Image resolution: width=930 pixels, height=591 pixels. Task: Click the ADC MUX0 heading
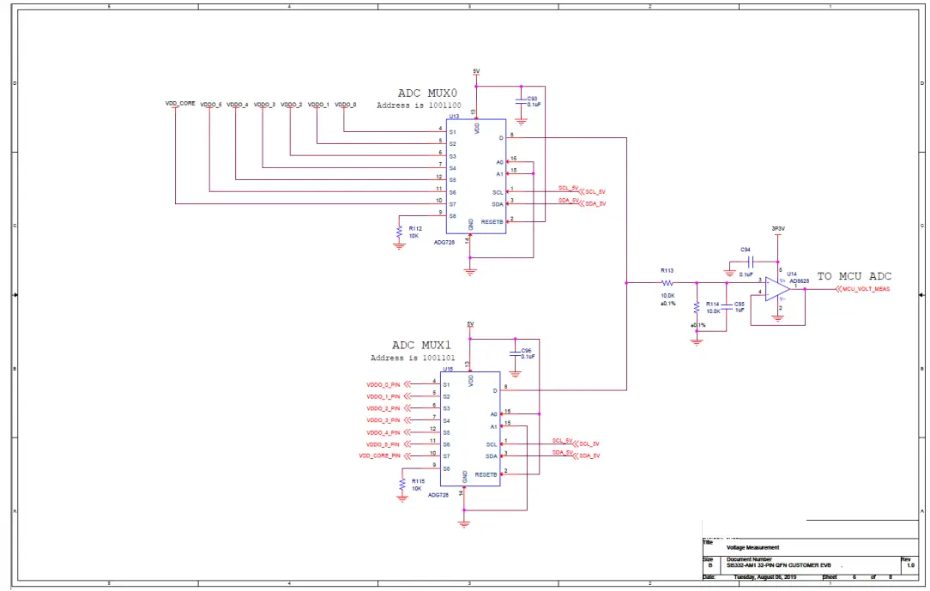[x=427, y=93]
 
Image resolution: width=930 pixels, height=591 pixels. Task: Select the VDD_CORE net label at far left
[x=180, y=104]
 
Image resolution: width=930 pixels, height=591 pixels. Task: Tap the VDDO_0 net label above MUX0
[x=345, y=105]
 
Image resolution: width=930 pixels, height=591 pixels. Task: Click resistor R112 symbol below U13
[x=399, y=232]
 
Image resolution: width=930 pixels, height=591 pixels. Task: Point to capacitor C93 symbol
[x=520, y=100]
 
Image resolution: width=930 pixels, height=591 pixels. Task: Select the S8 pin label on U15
[x=446, y=468]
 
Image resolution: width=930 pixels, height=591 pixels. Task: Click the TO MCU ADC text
[x=854, y=276]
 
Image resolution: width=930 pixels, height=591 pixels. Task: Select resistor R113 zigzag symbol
[x=667, y=281]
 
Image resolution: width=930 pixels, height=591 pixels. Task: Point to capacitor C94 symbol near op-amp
[x=751, y=261]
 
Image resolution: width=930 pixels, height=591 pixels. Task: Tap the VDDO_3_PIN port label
[x=383, y=420]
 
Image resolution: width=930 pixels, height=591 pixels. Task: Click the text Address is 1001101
[x=408, y=358]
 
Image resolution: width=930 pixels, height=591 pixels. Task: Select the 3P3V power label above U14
[x=778, y=229]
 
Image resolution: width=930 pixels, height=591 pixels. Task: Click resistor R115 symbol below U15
[x=402, y=485]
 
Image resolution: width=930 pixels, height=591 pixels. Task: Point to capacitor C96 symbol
[x=514, y=352]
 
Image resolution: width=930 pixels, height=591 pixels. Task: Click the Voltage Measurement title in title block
[x=752, y=547]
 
